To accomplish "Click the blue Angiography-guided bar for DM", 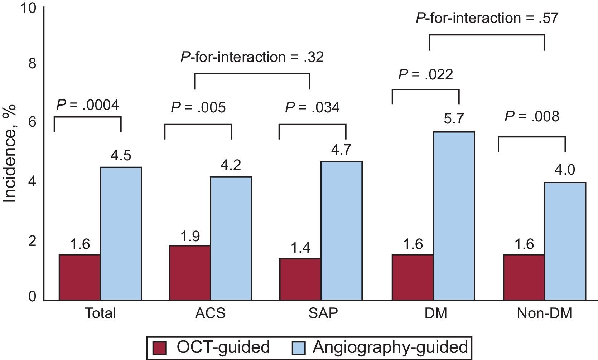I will (454, 216).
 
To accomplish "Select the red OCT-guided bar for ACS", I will (190, 273).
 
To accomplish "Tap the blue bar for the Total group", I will (121, 233).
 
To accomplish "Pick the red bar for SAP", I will (300, 279).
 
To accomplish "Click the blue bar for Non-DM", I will (565, 241).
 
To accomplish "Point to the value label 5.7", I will (454, 118).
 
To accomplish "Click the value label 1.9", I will (190, 236).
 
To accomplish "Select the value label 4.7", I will (341, 149).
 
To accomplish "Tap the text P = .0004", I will (88, 105).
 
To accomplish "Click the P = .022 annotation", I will (425, 75).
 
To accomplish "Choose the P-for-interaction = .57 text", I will (487, 18).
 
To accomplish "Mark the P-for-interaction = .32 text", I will (252, 57).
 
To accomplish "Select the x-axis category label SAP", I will (323, 313).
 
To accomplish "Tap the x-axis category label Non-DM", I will (544, 313).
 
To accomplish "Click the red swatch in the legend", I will (160, 347).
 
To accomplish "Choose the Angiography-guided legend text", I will (390, 347).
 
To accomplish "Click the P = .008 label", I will (532, 117).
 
